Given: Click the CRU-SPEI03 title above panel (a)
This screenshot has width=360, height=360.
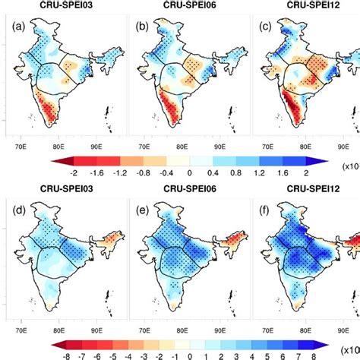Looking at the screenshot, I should point(66,7).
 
